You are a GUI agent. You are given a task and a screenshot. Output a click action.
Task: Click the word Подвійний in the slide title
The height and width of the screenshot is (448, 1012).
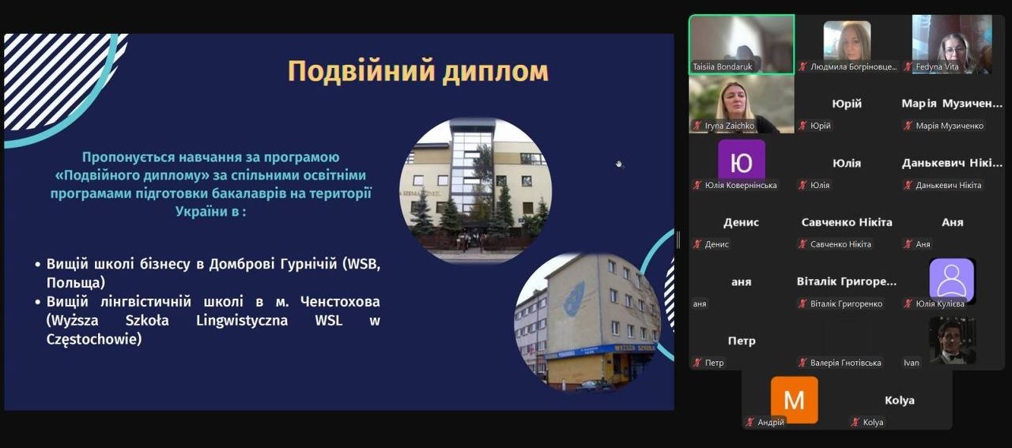[x=361, y=71]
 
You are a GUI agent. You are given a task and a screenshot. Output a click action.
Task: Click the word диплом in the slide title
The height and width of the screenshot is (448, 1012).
[x=496, y=72]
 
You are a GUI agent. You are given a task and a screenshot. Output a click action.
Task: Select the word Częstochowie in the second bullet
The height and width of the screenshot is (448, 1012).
[x=94, y=339]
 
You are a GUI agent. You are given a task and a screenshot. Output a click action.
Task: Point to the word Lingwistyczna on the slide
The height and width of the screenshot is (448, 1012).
[x=242, y=320]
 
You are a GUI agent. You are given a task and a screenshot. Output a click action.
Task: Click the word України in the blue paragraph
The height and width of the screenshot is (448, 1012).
[x=201, y=211]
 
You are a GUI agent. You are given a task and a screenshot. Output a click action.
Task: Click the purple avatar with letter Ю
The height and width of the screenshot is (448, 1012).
[x=742, y=160]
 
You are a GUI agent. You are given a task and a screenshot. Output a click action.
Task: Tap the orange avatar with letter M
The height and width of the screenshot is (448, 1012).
[x=795, y=399]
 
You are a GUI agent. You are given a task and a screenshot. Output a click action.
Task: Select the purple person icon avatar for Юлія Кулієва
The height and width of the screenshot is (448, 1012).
[x=951, y=280]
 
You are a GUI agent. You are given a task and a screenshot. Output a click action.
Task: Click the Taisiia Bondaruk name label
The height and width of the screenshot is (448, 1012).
[x=723, y=67]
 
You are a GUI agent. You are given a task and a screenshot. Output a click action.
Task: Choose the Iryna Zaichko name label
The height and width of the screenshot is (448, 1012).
[x=729, y=126]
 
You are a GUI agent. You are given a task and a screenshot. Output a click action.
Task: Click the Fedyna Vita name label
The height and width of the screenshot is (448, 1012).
[x=937, y=67]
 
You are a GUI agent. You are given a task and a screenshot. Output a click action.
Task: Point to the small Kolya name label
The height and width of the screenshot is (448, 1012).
[x=873, y=422]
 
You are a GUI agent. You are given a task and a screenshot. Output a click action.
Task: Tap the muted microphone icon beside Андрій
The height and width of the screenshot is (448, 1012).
[x=750, y=422]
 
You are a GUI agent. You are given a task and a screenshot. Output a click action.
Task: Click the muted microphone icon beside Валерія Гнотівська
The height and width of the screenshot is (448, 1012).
[x=802, y=363]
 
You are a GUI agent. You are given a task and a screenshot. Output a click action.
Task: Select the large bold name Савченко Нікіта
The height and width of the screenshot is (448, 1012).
[x=847, y=222]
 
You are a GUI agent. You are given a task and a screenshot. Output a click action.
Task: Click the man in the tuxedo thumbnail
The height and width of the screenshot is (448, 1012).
[x=953, y=340]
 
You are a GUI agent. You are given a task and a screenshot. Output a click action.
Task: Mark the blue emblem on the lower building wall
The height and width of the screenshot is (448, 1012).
[x=574, y=298]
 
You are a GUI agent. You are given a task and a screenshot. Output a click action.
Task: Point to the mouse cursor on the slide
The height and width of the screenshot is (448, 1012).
[x=619, y=164]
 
